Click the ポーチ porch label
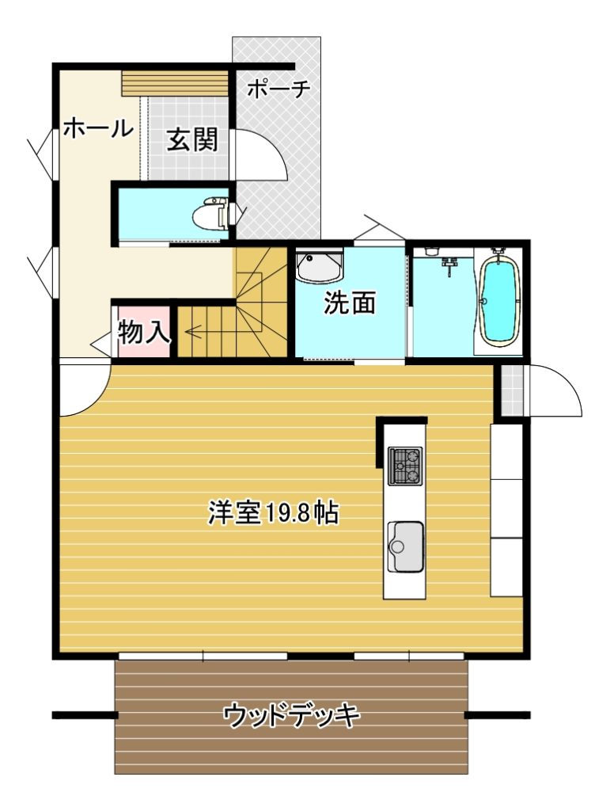point(278,89)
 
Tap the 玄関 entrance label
point(191,139)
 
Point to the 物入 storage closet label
point(143,332)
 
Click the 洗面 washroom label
point(349,303)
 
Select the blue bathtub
point(498,298)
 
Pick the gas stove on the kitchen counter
point(405,466)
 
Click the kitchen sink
point(405,546)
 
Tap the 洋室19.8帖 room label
point(273,513)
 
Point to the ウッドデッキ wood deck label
point(291,716)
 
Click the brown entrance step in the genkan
point(175,83)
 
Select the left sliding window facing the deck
point(203,656)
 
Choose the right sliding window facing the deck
point(409,656)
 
